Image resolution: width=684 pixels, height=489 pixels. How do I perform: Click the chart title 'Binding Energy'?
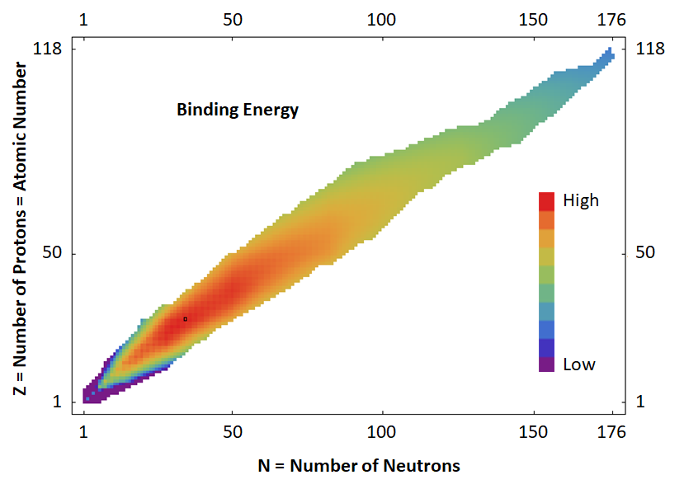pyautogui.click(x=238, y=109)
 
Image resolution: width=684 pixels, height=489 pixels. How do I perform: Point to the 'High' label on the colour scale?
pyautogui.click(x=580, y=200)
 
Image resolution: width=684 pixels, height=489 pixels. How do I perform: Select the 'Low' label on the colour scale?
pyautogui.click(x=578, y=364)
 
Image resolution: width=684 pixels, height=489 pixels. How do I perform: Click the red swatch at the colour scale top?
pyautogui.click(x=546, y=201)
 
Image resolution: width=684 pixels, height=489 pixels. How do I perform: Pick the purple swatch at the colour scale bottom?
pyautogui.click(x=546, y=363)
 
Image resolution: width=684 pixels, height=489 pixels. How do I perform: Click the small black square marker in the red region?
pyautogui.click(x=186, y=318)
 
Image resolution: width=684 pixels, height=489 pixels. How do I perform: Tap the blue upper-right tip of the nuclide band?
pyautogui.click(x=609, y=54)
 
